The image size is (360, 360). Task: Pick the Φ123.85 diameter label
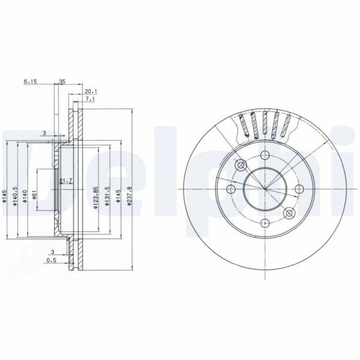[x=95, y=198]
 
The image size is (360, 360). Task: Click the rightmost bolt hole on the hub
[x=298, y=189]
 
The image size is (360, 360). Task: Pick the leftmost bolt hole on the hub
[x=232, y=190]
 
